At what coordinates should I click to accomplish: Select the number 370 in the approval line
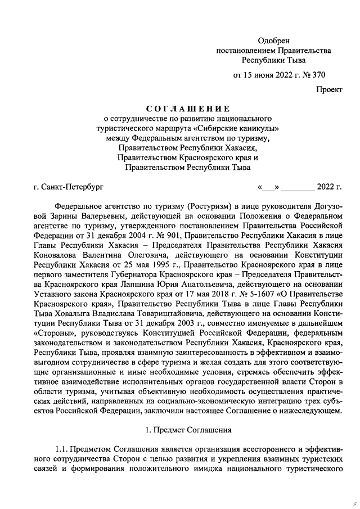(317, 74)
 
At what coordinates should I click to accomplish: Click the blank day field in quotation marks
(268, 186)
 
